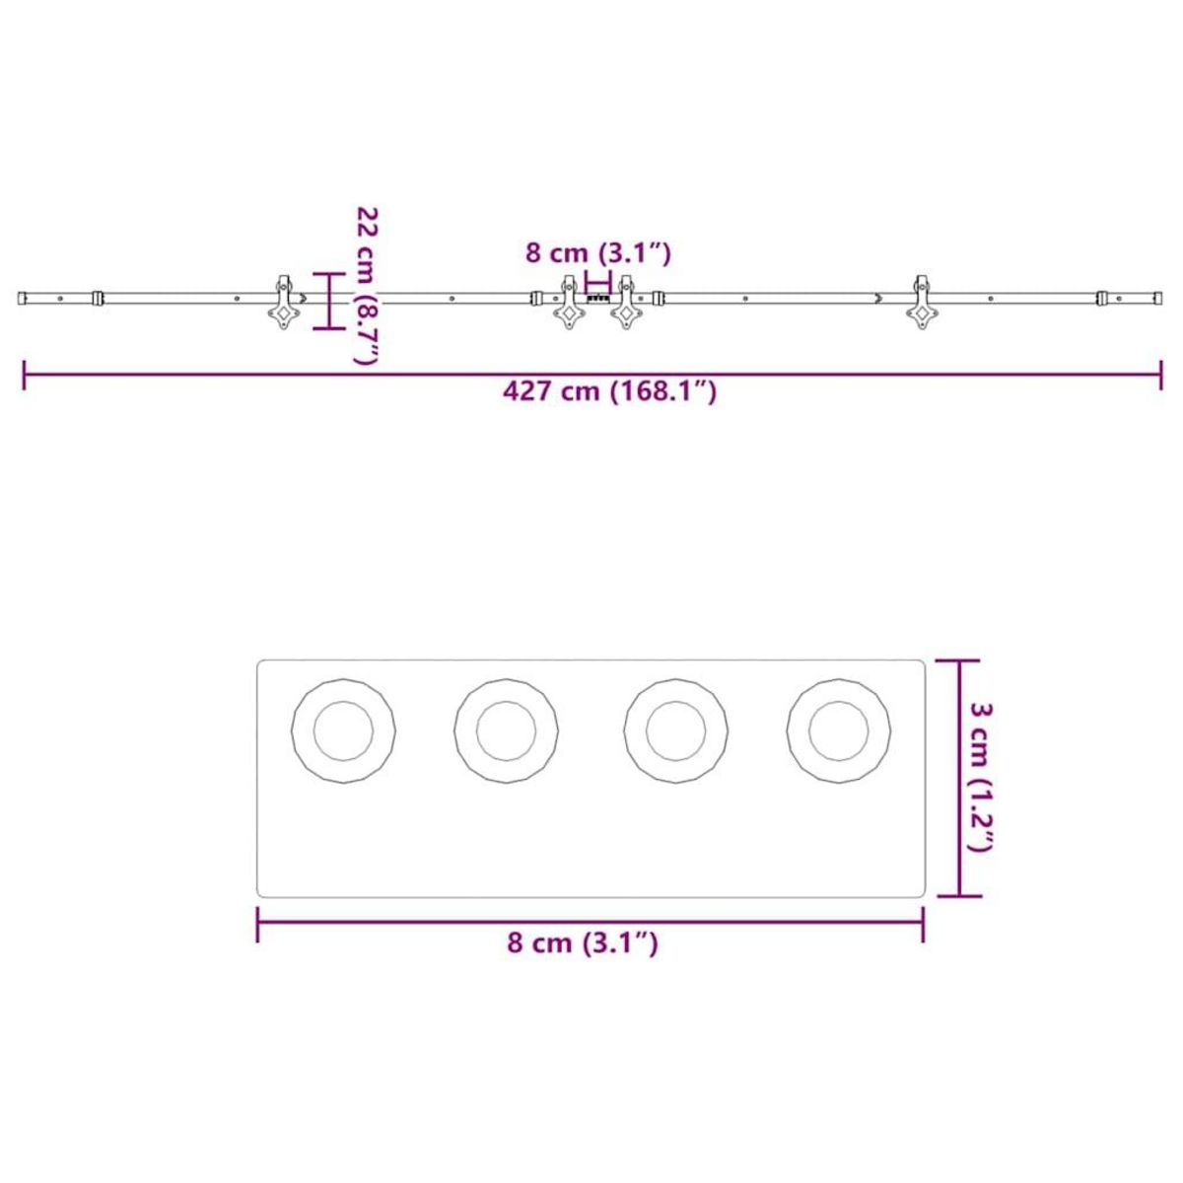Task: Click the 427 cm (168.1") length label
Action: [x=609, y=391]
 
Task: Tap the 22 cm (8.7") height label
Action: [x=367, y=285]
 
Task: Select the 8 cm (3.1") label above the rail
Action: [x=597, y=253]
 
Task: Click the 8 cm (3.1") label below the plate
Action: [x=582, y=943]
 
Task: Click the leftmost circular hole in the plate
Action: [x=343, y=731]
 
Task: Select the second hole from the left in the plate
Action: [x=506, y=731]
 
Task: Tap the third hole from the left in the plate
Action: [x=676, y=731]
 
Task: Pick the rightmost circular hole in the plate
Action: [x=839, y=731]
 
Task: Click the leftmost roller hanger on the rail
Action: [x=283, y=303]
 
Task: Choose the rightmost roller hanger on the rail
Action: [x=923, y=303]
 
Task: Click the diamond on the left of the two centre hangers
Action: [x=569, y=314]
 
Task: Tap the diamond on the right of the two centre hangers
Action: [x=625, y=314]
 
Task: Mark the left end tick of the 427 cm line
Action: [x=24, y=375]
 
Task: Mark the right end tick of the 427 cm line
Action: [x=1161, y=375]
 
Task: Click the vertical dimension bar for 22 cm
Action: [x=328, y=301]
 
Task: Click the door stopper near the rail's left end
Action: [x=96, y=297]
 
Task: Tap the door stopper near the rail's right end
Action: [x=1103, y=297]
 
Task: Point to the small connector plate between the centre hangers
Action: [x=597, y=297]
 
